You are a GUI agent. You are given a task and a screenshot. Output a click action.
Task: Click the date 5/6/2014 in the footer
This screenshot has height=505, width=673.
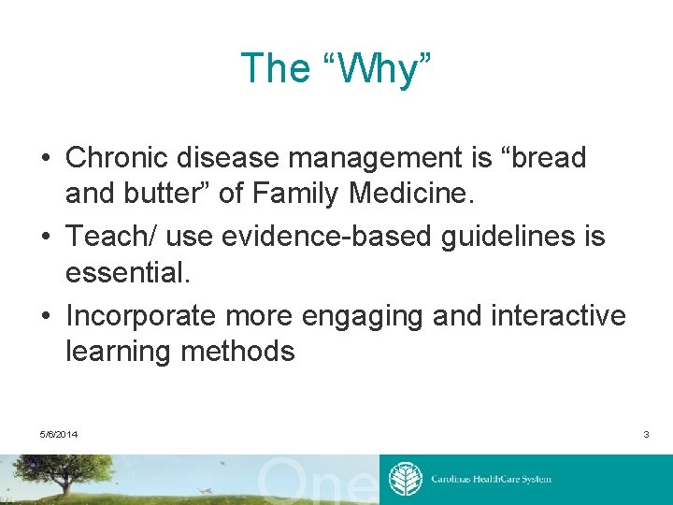coord(59,435)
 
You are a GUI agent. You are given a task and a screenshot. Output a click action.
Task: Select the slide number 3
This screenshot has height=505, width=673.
coord(645,435)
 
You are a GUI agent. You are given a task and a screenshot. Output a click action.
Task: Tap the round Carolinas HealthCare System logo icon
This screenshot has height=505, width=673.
coord(405,479)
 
